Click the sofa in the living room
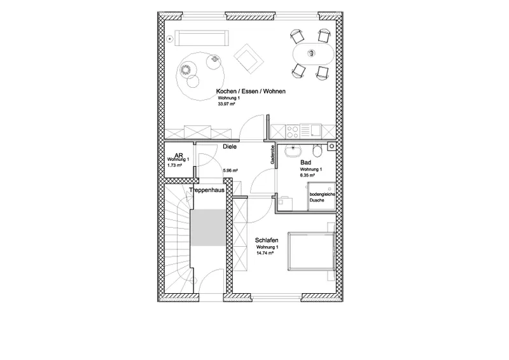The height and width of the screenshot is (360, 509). pyautogui.click(x=203, y=38)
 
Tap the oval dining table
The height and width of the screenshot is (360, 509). pyautogui.click(x=311, y=53)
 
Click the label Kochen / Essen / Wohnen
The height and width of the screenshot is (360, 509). pyautogui.click(x=250, y=92)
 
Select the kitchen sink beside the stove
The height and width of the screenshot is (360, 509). pyautogui.click(x=315, y=132)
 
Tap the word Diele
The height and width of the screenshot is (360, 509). pyautogui.click(x=230, y=146)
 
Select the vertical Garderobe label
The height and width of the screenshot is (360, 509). pyautogui.click(x=272, y=156)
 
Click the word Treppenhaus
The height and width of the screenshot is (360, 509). pyautogui.click(x=206, y=189)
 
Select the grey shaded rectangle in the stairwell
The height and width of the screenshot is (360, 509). pyautogui.click(x=207, y=228)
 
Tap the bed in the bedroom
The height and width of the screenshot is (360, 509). pyautogui.click(x=309, y=251)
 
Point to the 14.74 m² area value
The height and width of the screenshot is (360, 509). pyautogui.click(x=265, y=253)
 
